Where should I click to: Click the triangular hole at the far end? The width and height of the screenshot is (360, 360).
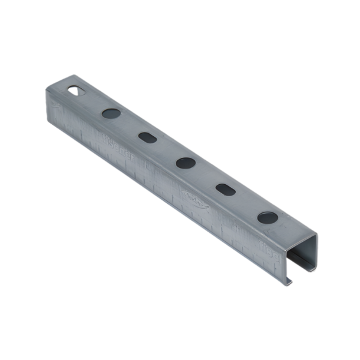[76, 91]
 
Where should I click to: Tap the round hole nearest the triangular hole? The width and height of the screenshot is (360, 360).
[110, 112]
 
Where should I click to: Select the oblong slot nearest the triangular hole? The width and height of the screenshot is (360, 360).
[147, 137]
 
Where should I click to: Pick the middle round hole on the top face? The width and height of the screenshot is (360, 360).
[185, 162]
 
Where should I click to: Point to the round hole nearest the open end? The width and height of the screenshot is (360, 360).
[267, 217]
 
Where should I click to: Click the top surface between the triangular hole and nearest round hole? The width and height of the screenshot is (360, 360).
[93, 101]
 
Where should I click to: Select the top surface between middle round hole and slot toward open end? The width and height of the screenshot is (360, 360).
[206, 176]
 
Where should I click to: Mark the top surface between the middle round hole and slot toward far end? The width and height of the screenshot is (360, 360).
[166, 149]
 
